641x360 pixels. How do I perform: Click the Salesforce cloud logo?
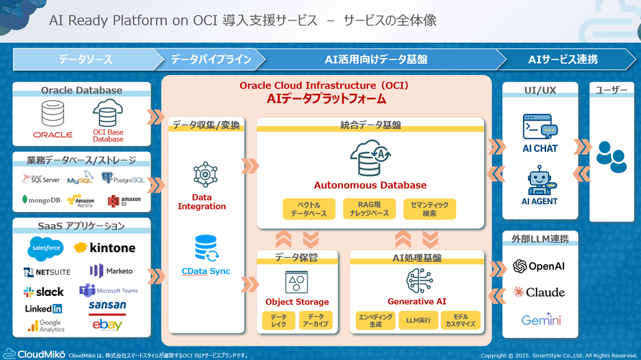(x=46, y=248)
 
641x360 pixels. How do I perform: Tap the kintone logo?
(x=105, y=247)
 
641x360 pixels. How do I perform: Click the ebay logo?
(x=107, y=325)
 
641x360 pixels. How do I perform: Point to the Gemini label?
(x=541, y=320)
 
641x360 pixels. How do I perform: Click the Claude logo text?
(x=539, y=292)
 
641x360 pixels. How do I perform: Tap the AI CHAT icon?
(x=539, y=127)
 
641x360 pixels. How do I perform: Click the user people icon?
(x=611, y=156)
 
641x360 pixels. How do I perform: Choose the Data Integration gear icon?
(x=205, y=175)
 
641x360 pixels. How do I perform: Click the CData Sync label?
(x=206, y=271)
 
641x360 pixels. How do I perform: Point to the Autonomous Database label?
(x=370, y=185)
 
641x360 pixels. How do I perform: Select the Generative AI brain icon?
(x=416, y=280)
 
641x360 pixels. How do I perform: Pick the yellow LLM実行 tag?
(x=418, y=320)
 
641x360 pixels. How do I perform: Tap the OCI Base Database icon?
(x=108, y=113)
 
